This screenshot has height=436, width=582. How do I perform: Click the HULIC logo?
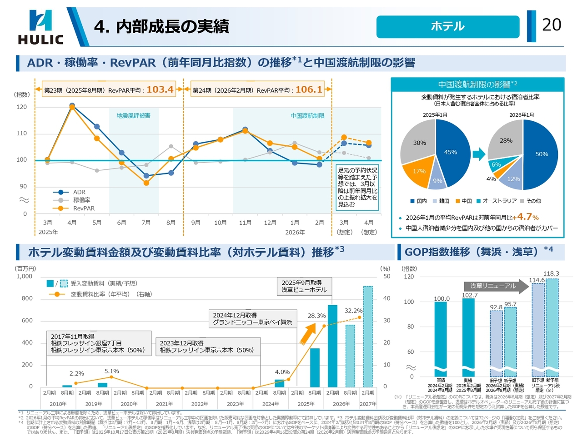tap(40, 27)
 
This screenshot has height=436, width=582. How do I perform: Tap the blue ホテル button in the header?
tap(447, 26)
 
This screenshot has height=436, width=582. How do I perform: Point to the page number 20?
tap(552, 25)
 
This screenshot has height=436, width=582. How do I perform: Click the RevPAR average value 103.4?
tap(160, 89)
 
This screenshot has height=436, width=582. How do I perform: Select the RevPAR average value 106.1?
tap(309, 89)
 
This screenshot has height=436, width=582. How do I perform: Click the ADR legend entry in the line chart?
tap(79, 192)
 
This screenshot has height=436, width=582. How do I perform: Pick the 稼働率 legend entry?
tap(81, 200)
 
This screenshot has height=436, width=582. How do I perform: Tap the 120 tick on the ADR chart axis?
tap(21, 107)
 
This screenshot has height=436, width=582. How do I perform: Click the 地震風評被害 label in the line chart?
tap(133, 116)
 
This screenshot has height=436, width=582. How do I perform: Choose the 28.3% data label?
tap(316, 316)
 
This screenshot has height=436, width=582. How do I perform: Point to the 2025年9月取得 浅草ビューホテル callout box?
tap(304, 286)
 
